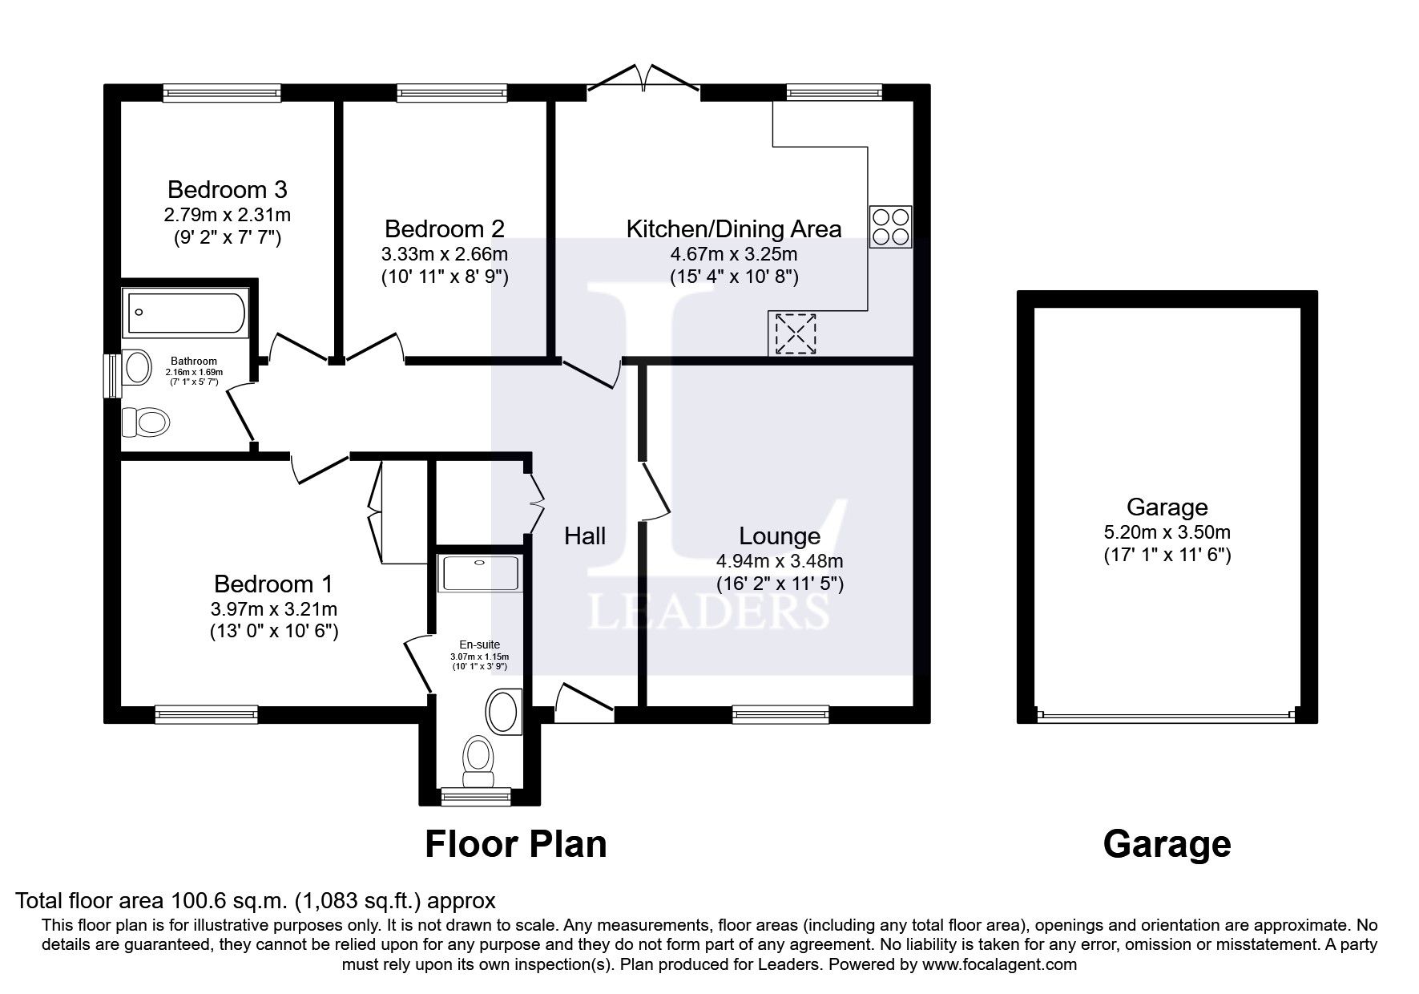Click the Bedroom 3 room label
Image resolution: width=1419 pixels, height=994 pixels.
click(x=227, y=190)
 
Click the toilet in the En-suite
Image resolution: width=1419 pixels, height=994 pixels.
click(x=478, y=760)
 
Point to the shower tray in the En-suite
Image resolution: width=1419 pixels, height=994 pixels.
click(x=478, y=573)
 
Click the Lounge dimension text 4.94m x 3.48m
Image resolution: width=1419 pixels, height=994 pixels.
click(x=779, y=561)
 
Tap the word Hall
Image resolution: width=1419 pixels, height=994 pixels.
click(x=585, y=536)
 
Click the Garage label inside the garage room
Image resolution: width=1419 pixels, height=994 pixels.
click(x=1167, y=507)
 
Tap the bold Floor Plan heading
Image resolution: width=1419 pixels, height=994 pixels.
click(x=515, y=844)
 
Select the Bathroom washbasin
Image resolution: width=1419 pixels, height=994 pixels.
click(x=138, y=367)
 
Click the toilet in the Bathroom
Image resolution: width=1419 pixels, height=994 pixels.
click(x=145, y=421)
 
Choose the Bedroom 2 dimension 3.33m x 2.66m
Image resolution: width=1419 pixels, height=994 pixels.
click(x=444, y=254)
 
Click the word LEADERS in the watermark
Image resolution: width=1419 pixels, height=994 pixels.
click(x=709, y=612)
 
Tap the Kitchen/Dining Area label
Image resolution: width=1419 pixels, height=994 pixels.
click(x=733, y=229)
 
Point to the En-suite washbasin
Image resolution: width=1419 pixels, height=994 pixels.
click(x=503, y=711)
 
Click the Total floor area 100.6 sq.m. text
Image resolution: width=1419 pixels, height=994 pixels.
click(x=255, y=900)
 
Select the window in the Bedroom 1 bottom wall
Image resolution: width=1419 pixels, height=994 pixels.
click(x=206, y=713)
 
